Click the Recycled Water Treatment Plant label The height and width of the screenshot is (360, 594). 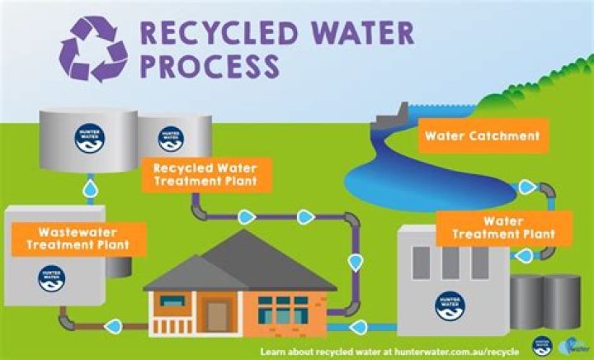coord(205,172)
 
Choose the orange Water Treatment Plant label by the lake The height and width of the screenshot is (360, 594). coord(503,228)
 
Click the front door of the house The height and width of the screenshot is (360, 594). coord(218,315)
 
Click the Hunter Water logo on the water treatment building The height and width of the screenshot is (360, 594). coord(450,305)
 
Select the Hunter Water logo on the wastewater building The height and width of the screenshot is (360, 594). coord(51,277)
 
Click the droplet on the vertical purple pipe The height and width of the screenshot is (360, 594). coord(356,263)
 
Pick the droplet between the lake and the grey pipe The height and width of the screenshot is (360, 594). coord(526,187)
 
